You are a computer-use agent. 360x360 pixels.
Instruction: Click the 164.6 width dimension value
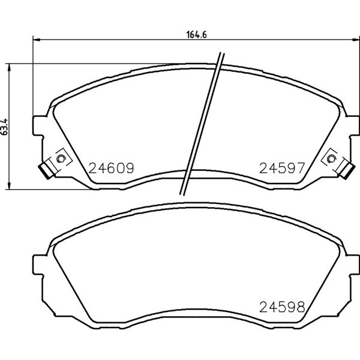point(197,34)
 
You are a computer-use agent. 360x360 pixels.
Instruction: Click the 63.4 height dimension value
point(5,127)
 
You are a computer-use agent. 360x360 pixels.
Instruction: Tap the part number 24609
point(111,168)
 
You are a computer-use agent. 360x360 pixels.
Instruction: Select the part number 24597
point(282,168)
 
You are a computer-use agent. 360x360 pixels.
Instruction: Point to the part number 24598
point(282,307)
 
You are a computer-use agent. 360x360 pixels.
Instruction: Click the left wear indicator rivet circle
point(61,158)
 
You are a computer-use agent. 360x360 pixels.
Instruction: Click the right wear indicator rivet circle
point(331,158)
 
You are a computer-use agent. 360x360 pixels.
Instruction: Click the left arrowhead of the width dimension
point(36,40)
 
